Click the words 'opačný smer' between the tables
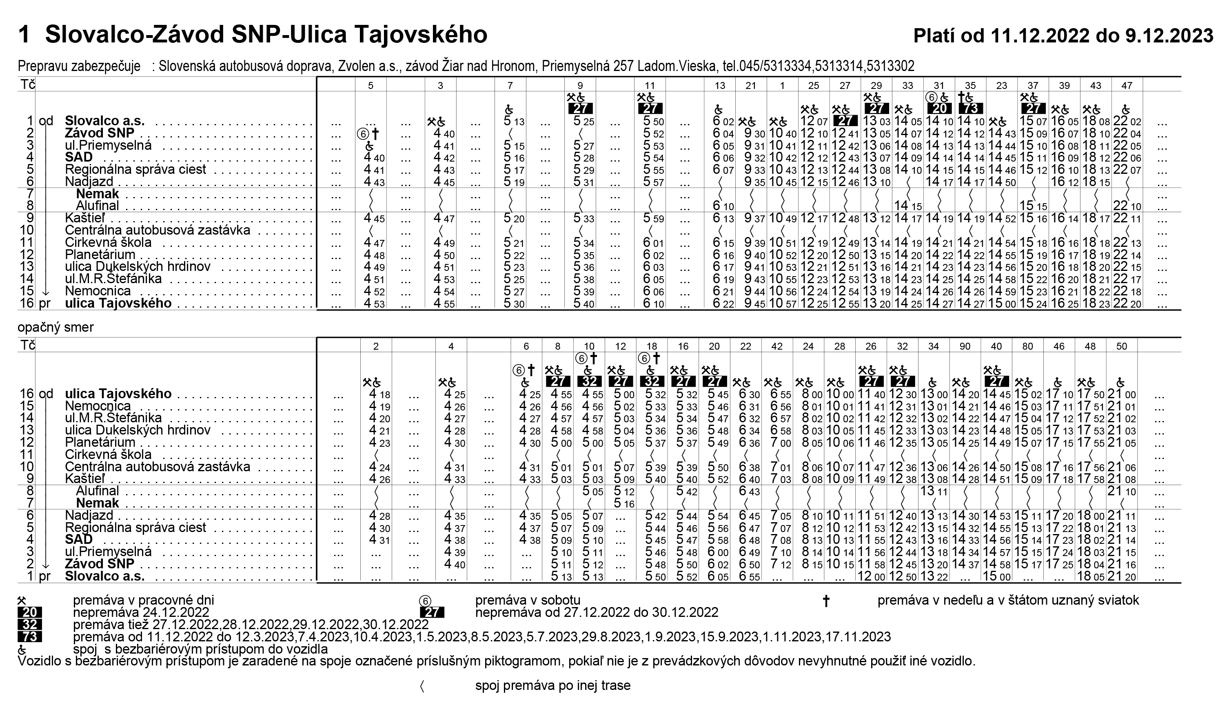[x=55, y=327]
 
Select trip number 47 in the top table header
[x=1127, y=86]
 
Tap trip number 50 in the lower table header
[x=1122, y=346]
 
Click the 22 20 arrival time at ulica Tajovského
[x=1127, y=304]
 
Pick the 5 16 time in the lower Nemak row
[x=620, y=503]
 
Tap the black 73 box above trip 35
[x=970, y=108]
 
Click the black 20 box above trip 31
[x=939, y=108]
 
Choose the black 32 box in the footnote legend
[x=29, y=625]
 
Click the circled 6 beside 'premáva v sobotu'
[x=425, y=601]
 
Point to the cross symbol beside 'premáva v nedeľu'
[x=826, y=601]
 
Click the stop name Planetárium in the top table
[x=100, y=255]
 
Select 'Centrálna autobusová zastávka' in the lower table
[x=158, y=467]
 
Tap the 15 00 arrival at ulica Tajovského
[x=1002, y=304]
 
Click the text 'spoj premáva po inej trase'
[x=552, y=686]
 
